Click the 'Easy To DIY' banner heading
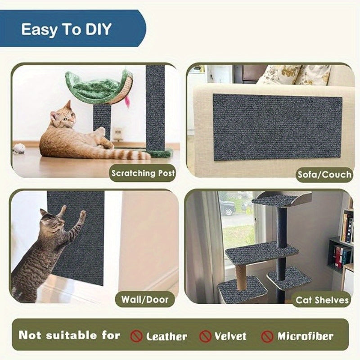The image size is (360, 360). tap(67, 30)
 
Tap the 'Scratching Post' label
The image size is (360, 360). tap(143, 173)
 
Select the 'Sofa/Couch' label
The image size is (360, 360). tap(324, 174)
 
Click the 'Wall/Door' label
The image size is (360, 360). tap(144, 299)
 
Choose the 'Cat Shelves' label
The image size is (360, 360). tap(322, 300)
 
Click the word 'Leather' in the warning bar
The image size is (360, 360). tap(166, 336)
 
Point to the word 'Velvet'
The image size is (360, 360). tap(230, 336)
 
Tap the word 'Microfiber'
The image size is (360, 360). tap(305, 336)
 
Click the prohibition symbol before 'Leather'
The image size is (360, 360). tap(136, 336)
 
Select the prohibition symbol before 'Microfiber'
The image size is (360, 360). tap(267, 336)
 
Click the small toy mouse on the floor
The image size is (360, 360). tap(19, 148)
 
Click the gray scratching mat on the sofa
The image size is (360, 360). tap(277, 127)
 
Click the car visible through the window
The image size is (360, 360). tap(228, 207)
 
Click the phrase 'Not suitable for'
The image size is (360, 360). tap(69, 335)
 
